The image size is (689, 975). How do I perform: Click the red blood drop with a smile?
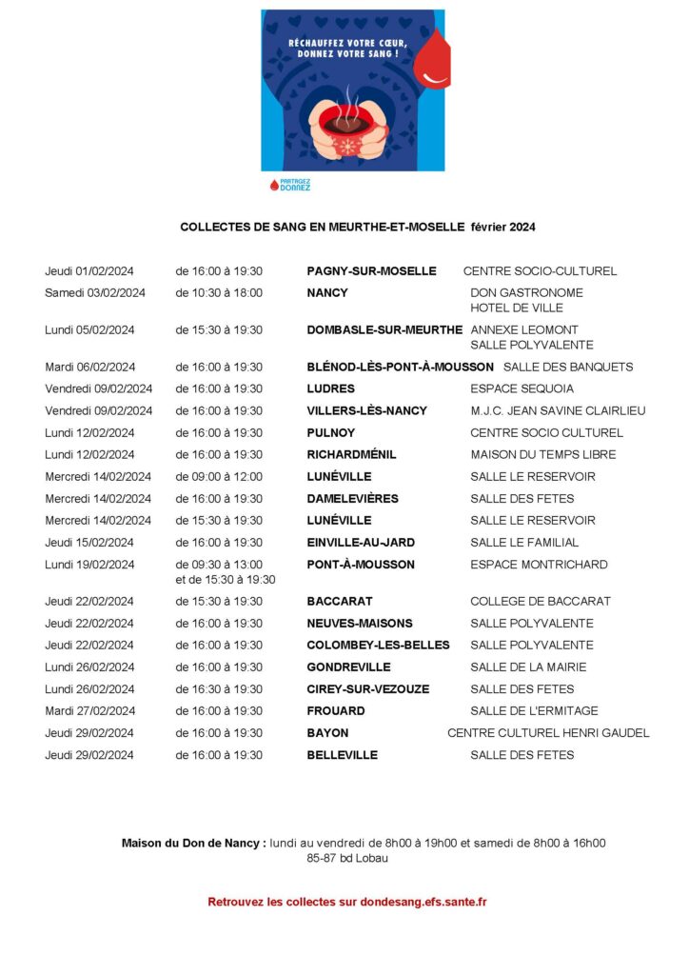coord(435,61)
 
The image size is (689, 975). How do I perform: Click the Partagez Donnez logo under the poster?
coord(289,185)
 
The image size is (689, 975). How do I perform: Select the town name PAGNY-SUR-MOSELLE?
coord(371,271)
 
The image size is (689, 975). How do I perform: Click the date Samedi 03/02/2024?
coord(95,293)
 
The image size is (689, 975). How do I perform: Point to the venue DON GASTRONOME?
coord(526,293)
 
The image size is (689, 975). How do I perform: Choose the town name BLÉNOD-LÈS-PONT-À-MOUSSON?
coord(400,368)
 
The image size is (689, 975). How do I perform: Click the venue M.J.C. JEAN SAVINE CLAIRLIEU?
coord(558,411)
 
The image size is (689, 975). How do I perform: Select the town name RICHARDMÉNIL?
coord(351,455)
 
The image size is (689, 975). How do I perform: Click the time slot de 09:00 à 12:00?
coord(219,477)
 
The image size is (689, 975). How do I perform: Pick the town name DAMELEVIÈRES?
coord(352,499)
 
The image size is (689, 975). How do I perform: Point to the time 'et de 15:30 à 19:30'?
coord(226,580)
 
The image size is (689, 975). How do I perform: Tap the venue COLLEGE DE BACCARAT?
coord(541,602)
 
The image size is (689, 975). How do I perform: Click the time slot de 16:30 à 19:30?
coord(219,689)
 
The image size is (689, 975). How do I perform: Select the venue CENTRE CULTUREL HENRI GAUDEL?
coord(548,733)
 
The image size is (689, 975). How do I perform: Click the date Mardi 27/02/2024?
coord(90,711)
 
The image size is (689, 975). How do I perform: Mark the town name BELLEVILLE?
coord(342,755)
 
